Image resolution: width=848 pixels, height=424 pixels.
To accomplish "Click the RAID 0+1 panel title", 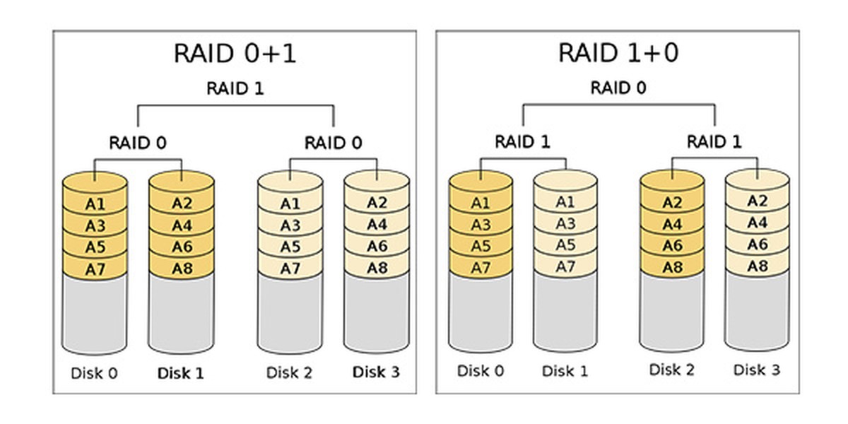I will click(235, 53).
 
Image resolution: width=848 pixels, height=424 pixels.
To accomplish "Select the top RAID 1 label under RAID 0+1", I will click(235, 88).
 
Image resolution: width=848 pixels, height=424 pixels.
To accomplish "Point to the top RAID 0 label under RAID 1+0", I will click(618, 88).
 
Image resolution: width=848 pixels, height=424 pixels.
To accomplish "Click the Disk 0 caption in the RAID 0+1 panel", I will click(94, 372).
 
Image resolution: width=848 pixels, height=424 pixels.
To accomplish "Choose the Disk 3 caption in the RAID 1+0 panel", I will click(756, 370).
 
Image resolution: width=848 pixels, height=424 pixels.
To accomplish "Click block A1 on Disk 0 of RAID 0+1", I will click(95, 204).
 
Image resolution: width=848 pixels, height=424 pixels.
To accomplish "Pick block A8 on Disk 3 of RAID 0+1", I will click(377, 268).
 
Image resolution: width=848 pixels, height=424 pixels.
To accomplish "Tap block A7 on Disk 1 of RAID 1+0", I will click(565, 266).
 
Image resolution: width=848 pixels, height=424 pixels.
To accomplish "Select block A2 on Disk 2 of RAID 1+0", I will click(672, 203).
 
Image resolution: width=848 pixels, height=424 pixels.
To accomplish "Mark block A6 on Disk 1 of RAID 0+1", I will click(182, 247).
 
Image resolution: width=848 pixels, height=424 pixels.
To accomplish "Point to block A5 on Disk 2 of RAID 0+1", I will click(290, 247).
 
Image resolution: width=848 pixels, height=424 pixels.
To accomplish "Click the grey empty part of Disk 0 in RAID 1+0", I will click(481, 311).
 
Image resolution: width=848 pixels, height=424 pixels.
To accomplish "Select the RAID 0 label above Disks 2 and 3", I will click(333, 143).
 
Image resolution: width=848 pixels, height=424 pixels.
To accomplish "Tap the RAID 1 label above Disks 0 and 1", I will click(522, 141).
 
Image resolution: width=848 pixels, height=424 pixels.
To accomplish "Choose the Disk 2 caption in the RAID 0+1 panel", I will click(289, 372).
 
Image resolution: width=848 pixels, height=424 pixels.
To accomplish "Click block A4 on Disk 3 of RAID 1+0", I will click(757, 223).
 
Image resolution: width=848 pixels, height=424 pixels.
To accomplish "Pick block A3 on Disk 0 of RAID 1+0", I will click(481, 225).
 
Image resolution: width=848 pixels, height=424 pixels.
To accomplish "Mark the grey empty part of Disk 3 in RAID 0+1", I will click(377, 311).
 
